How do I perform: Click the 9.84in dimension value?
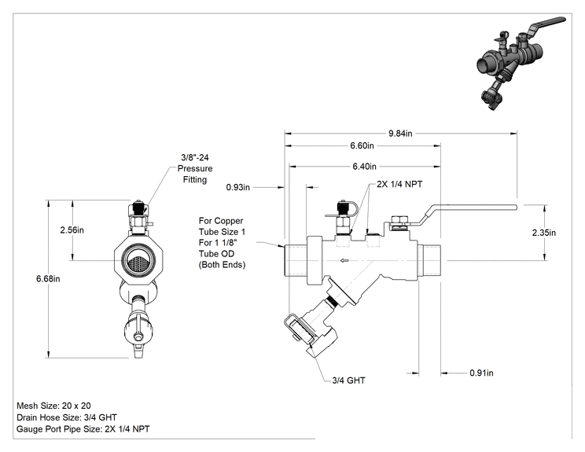400,133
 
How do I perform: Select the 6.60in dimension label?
362,145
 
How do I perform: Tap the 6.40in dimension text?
365,167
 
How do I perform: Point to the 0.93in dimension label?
238,187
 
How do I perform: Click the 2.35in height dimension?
544,233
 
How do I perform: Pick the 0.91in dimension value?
481,373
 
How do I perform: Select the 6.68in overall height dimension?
48,278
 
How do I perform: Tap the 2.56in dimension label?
72,230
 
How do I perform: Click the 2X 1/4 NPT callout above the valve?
399,184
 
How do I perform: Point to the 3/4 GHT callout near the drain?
349,380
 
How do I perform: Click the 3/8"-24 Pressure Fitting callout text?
195,168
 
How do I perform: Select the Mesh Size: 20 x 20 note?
53,406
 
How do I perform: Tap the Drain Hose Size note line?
67,417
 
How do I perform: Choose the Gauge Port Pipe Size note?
83,429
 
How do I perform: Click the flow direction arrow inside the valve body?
344,261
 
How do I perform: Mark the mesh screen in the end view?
138,260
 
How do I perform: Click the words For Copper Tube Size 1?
222,226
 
